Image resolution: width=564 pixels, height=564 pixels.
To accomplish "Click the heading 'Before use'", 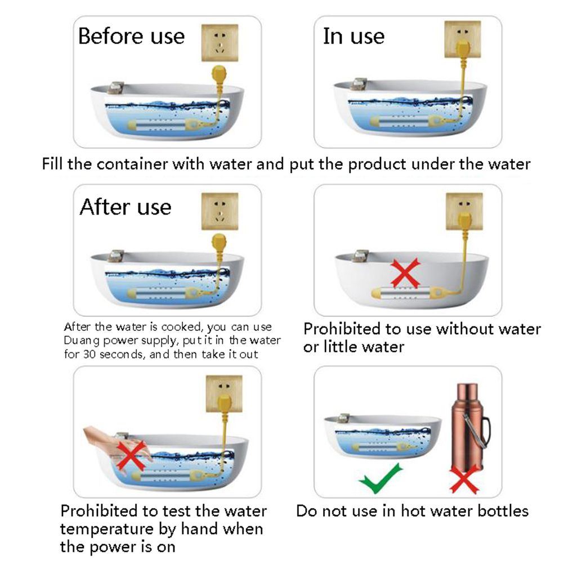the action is click(131, 36).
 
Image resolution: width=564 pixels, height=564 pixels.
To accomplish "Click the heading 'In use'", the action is click(353, 36).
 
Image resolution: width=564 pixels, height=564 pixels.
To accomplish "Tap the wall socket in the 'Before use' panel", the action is click(220, 43).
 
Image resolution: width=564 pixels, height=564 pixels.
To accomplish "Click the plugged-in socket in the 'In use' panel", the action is click(463, 39).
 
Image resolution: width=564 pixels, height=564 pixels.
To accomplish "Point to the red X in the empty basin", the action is click(405, 274).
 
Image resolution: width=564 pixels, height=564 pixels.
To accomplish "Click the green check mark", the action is click(381, 479).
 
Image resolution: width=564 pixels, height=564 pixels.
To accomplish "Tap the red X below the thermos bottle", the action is click(464, 480).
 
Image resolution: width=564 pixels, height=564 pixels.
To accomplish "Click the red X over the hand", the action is click(132, 456).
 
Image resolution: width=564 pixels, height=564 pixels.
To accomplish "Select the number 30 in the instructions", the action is click(89, 354).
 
